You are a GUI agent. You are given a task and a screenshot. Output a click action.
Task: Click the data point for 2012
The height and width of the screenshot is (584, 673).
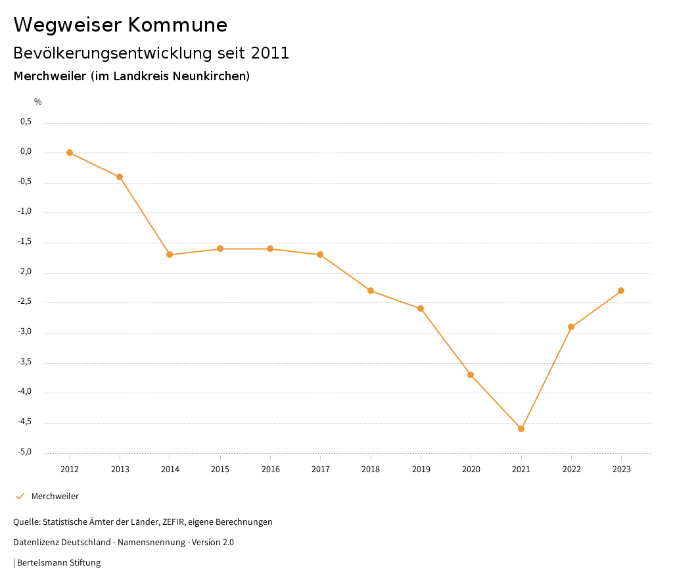click(70, 153)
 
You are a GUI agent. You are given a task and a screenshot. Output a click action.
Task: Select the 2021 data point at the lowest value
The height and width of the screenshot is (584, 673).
click(521, 429)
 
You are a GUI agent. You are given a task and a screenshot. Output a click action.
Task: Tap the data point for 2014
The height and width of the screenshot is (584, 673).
click(170, 255)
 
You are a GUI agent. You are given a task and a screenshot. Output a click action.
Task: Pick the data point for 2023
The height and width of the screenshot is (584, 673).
click(621, 291)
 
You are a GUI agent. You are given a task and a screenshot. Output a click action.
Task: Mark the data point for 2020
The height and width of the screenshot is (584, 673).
click(471, 375)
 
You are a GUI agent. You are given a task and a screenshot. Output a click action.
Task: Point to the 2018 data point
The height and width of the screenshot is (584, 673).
click(371, 291)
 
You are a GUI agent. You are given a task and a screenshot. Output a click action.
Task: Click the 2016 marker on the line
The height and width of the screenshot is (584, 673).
click(270, 249)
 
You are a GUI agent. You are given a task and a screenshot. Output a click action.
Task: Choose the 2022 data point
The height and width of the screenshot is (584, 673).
click(571, 327)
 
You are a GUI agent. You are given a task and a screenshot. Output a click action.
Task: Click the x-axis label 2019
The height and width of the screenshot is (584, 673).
click(421, 470)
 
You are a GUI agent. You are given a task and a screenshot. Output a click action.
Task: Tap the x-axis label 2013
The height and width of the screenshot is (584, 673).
click(120, 470)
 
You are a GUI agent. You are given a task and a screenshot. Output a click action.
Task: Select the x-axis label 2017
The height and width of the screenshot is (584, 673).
click(321, 470)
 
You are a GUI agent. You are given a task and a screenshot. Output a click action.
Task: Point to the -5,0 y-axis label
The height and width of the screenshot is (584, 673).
click(26, 452)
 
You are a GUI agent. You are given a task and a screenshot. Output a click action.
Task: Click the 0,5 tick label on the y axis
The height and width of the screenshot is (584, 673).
click(26, 122)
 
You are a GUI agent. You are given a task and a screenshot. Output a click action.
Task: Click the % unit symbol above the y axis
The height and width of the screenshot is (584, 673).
click(38, 102)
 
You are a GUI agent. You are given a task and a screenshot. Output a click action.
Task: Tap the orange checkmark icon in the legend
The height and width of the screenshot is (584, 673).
click(20, 497)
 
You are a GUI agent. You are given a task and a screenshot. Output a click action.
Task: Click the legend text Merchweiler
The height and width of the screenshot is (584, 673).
click(55, 497)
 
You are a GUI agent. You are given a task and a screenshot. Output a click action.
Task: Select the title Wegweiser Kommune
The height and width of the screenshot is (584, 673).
click(120, 25)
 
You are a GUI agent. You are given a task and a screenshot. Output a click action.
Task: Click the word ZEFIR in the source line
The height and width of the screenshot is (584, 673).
click(175, 522)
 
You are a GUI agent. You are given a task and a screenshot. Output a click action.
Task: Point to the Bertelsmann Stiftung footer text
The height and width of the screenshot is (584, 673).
click(58, 563)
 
